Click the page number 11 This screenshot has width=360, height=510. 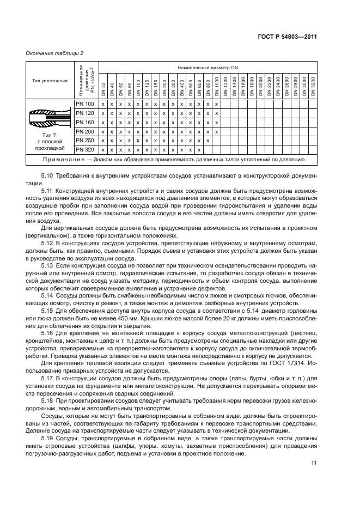pos(313,463)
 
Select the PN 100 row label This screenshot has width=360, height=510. pos(85,104)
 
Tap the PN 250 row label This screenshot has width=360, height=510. pos(85,140)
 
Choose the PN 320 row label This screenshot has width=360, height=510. pos(85,149)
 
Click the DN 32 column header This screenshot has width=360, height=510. pos(103,87)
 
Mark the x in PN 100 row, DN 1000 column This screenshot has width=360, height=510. pos(217,104)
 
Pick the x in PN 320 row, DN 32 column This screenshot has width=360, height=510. pos(103,149)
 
